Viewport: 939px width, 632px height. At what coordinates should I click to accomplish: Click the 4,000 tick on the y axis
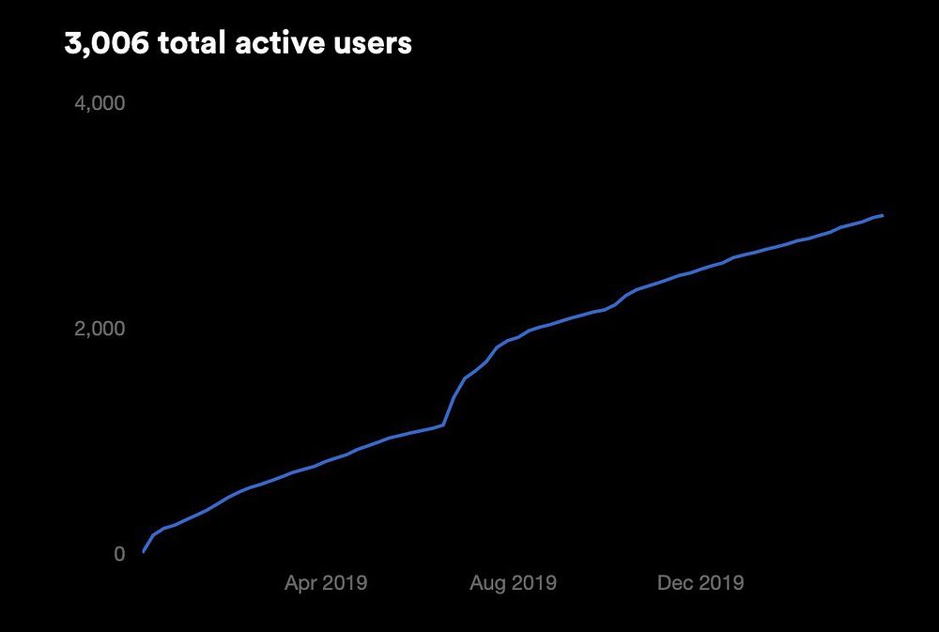pos(100,102)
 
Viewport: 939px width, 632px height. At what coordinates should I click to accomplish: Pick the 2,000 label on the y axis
pos(100,329)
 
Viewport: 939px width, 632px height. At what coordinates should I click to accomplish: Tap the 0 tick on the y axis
pos(119,554)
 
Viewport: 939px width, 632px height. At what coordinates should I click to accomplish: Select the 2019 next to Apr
pos(345,583)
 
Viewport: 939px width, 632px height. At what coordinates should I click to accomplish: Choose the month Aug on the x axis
pos(490,583)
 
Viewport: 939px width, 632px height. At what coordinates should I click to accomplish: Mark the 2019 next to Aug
pos(534,583)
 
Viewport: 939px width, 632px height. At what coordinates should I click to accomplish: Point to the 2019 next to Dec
pos(722,583)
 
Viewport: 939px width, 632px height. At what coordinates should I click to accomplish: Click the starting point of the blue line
pos(143,552)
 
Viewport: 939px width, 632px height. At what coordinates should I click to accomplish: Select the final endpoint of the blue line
pos(883,215)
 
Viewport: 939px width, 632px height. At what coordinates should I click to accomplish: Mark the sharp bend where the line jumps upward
pos(443,424)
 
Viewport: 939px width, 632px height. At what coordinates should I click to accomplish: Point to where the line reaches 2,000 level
pos(530,330)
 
